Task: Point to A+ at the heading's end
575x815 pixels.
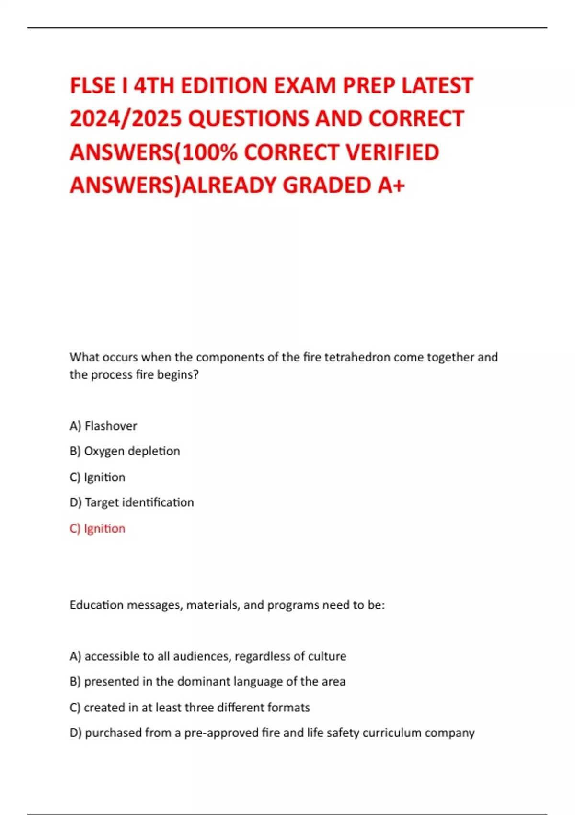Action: pyautogui.click(x=391, y=186)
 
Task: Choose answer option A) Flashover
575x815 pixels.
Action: pyautogui.click(x=103, y=426)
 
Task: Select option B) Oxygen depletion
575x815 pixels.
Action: pyautogui.click(x=125, y=451)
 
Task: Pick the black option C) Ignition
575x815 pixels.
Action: pyautogui.click(x=98, y=477)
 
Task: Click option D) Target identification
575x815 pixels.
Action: pyautogui.click(x=132, y=502)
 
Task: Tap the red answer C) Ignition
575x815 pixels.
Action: pyautogui.click(x=98, y=528)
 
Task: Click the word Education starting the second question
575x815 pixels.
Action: pyautogui.click(x=97, y=605)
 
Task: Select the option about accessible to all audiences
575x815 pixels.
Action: pyautogui.click(x=208, y=656)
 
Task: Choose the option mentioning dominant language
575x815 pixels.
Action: pyautogui.click(x=207, y=681)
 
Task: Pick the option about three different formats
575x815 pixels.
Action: pyautogui.click(x=190, y=707)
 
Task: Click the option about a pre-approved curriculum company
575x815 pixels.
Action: pyautogui.click(x=272, y=733)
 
